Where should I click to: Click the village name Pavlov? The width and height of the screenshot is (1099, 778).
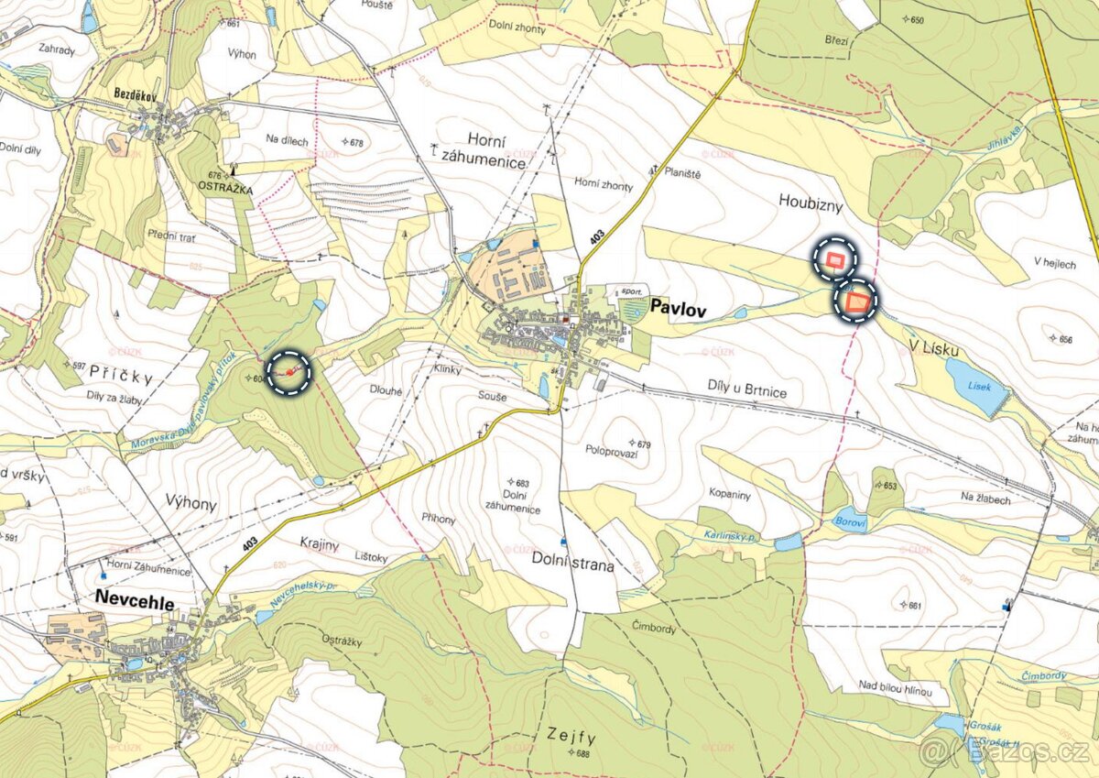[675, 309]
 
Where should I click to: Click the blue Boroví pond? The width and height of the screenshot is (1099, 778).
[850, 520]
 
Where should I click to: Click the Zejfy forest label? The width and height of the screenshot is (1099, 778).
[572, 735]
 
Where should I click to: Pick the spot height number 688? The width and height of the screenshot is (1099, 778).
[582, 753]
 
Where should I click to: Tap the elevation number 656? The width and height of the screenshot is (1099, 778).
[1064, 339]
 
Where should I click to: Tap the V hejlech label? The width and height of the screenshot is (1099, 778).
[1055, 263]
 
